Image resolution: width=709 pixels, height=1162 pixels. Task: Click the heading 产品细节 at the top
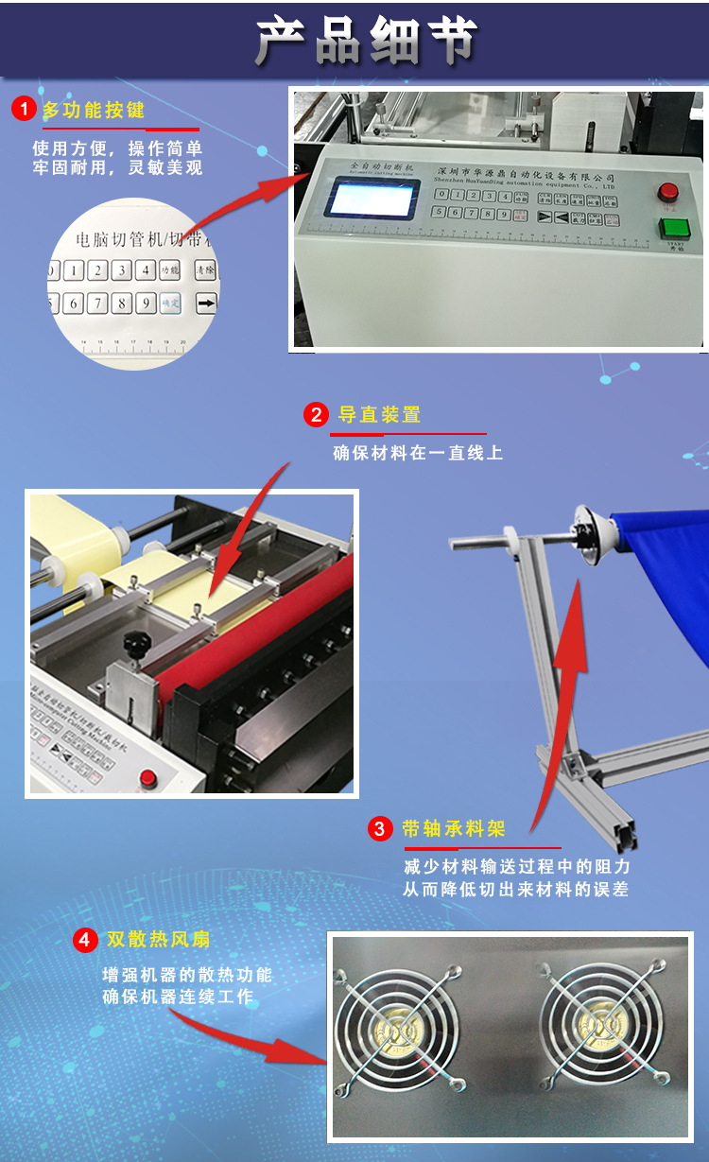coord(366,41)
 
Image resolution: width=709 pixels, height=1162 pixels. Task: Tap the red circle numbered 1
coord(24,110)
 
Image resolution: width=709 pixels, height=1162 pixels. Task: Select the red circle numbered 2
coord(315,415)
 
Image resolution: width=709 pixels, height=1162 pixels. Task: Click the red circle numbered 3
coord(379,829)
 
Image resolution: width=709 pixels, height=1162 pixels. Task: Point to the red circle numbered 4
coord(85,940)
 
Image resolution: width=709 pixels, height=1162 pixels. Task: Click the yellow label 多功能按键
coord(94,110)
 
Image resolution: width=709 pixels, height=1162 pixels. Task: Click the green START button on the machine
coord(674,228)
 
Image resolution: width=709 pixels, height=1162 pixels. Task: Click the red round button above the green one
coord(670,190)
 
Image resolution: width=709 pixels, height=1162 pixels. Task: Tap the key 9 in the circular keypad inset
coord(145,304)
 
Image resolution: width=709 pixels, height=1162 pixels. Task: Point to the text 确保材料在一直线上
coord(417,453)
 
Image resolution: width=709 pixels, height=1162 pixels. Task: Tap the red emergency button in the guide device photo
coord(147,778)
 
